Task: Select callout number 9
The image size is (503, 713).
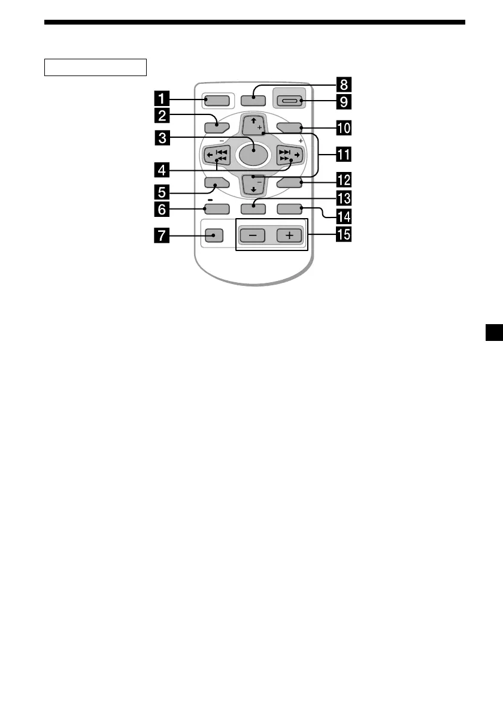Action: tap(343, 102)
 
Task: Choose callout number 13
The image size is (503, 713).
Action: tap(343, 197)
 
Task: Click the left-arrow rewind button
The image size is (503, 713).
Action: tap(216, 156)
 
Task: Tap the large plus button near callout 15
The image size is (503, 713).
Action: tap(290, 235)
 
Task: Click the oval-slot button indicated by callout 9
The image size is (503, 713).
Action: tap(290, 102)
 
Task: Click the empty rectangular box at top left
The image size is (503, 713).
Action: tap(96, 67)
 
